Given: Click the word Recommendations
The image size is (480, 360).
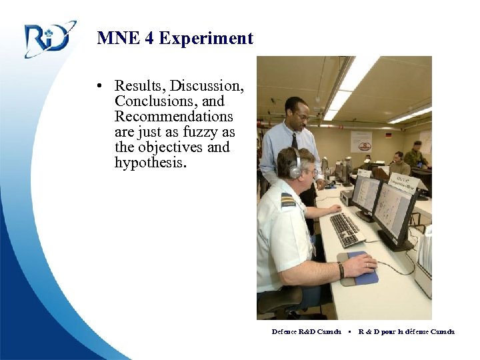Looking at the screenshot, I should pos(174,117).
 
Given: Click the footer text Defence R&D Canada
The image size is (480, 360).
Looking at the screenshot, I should pos(307,331).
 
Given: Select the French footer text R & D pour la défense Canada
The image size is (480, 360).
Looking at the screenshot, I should pos(407,331).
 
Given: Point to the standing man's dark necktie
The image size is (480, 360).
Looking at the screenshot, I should pos(294,141).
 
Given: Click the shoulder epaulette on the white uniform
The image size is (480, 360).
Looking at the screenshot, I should pos(288,200).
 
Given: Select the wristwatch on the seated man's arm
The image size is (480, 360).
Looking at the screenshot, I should pos(341,270).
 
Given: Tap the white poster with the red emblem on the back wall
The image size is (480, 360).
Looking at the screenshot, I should pos(361,141).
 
